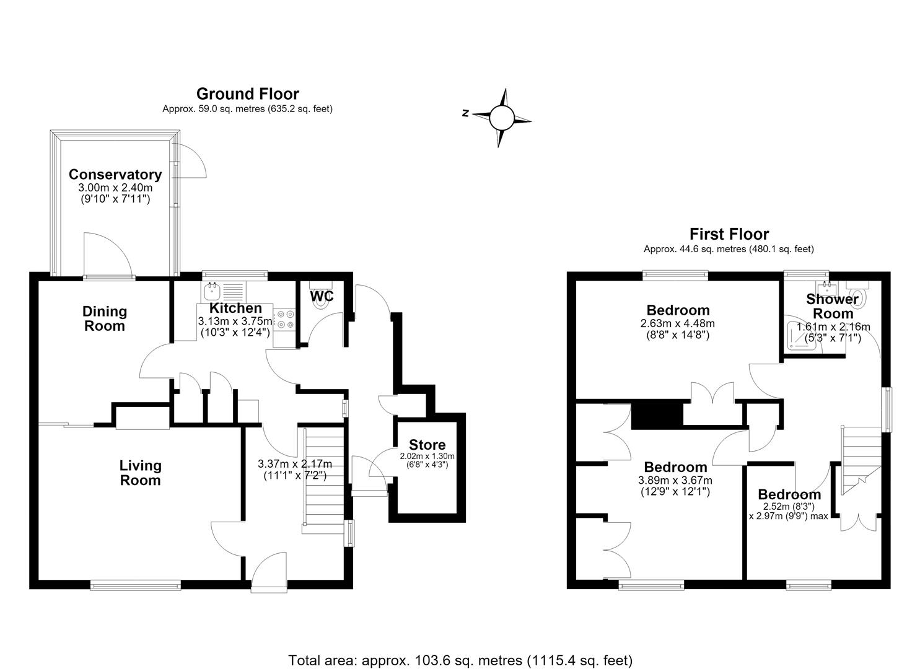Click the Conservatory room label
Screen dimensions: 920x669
tap(115, 175)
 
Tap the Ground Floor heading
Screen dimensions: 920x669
tap(248, 94)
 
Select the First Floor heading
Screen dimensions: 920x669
tap(729, 234)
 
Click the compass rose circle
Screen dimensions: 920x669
tap(502, 117)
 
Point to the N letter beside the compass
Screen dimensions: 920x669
tap(465, 113)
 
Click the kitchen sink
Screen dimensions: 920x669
tap(212, 292)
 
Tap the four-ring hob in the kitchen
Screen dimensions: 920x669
tap(285, 320)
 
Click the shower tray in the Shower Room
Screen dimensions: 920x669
tap(802, 334)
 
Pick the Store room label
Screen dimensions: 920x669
tap(427, 445)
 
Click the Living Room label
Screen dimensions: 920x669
tap(140, 473)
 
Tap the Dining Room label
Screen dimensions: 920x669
tap(104, 318)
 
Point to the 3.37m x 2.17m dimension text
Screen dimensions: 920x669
tap(294, 464)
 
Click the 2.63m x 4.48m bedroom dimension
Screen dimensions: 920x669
tap(677, 323)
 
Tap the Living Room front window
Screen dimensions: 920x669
tap(136, 585)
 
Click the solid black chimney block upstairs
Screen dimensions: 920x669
tap(657, 416)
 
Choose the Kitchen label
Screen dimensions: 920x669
tap(235, 308)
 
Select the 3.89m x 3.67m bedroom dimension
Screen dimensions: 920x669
tap(675, 480)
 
